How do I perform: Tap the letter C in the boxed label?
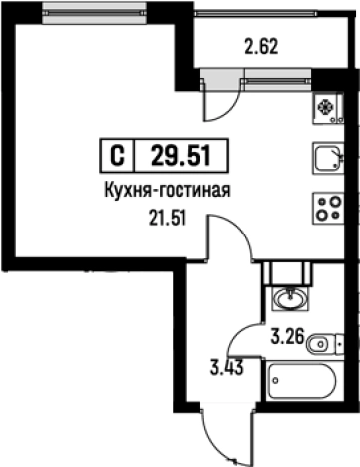116,156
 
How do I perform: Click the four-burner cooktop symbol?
327,207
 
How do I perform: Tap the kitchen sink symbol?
327,158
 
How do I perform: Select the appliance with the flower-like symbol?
326,108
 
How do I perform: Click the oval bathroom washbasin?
293,296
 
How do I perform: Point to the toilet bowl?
318,344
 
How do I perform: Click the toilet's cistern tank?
343,344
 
